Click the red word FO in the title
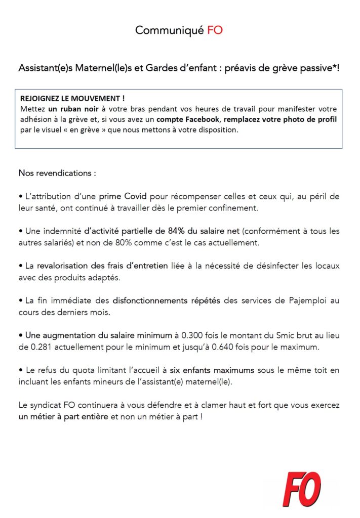[x=215, y=30]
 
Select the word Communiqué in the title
[x=169, y=30]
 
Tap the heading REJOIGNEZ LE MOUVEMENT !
[x=72, y=99]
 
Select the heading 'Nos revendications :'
[x=57, y=173]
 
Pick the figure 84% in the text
[x=176, y=231]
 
